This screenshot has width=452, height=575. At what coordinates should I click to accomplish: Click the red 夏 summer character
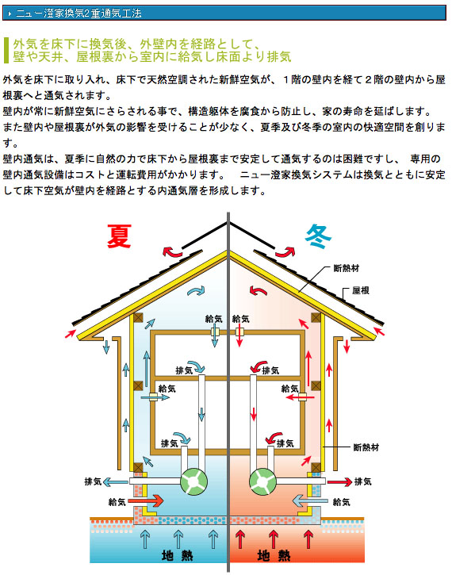(119, 236)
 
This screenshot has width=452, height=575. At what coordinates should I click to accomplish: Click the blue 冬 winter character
(318, 236)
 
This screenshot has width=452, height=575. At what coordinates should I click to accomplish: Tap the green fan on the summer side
(194, 481)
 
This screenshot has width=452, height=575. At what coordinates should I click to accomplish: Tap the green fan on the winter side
(262, 481)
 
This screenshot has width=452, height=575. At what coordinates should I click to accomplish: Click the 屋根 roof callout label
(360, 290)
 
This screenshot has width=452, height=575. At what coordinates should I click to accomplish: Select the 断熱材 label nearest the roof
(346, 268)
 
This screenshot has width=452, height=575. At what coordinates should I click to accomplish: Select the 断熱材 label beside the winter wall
(366, 447)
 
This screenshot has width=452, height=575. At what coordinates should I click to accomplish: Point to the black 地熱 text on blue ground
(177, 555)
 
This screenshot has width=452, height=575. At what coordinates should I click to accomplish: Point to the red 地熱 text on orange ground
(274, 555)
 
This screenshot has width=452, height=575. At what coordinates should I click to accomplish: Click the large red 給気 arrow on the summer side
(146, 500)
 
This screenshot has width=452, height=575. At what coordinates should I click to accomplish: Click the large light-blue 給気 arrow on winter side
(310, 500)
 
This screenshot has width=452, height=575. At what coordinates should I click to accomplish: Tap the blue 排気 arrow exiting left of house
(116, 481)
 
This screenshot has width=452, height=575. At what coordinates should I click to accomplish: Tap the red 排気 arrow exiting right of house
(339, 481)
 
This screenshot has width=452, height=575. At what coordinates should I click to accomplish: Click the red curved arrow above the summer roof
(172, 252)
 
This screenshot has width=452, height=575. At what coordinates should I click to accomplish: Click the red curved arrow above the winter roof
(285, 252)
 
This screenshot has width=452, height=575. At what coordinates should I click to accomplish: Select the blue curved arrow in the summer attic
(196, 291)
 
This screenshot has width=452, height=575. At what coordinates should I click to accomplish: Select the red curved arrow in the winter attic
(258, 291)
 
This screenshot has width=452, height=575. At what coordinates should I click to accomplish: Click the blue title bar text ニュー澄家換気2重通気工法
(79, 13)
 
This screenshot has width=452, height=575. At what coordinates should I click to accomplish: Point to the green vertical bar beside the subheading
(6, 50)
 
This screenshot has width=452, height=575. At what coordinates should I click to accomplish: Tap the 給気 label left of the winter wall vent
(289, 389)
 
